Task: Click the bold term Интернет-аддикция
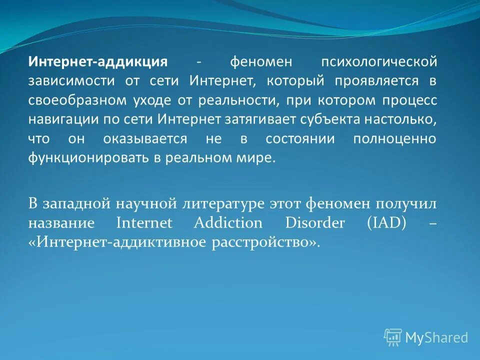click(x=97, y=62)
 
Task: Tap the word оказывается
click(x=146, y=138)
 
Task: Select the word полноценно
click(x=394, y=138)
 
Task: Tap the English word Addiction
click(x=228, y=222)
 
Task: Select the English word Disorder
click(x=315, y=222)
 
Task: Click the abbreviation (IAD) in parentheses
click(x=387, y=222)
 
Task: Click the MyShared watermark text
click(x=436, y=337)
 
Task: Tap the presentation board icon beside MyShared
click(x=393, y=337)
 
